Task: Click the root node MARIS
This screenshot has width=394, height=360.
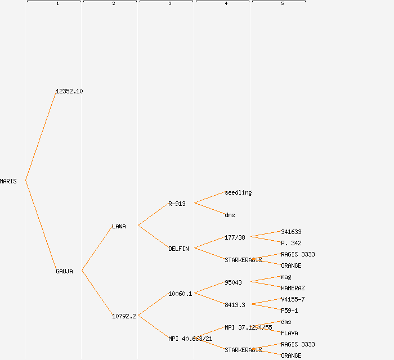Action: [8, 181]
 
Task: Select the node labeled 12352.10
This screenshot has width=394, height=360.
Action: [69, 91]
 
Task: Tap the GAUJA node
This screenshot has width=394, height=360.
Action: [64, 271]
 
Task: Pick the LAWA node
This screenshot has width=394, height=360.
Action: [119, 226]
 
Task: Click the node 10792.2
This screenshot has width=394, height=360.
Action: [124, 316]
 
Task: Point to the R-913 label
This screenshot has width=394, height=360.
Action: [177, 204]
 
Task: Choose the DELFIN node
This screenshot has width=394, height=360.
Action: [178, 249]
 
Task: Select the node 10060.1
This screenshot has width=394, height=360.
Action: [180, 294]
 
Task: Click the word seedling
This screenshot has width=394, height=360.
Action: [238, 192]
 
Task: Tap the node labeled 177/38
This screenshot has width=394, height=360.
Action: [235, 237]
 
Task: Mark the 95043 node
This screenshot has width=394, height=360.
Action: [233, 282]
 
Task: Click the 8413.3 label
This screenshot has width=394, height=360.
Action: [235, 305]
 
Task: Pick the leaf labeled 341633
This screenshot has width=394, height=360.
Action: [291, 232]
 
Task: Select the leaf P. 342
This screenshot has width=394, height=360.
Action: [291, 243]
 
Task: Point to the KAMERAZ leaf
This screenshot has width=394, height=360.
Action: [293, 288]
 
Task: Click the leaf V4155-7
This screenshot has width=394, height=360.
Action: [293, 299]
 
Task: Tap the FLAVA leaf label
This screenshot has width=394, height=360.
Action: [289, 333]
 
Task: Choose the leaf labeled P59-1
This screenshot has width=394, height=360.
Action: [289, 310]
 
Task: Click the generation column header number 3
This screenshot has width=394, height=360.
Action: [169, 4]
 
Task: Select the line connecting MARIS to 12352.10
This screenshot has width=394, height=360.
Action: [41, 136]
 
